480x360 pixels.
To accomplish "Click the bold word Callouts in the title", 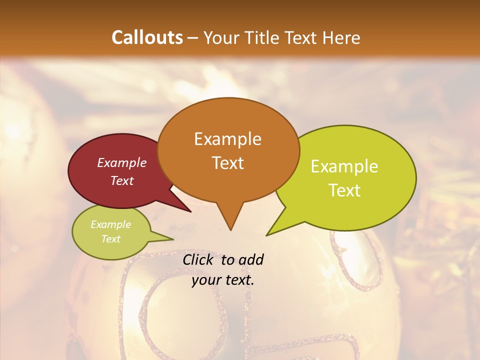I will click(147, 37).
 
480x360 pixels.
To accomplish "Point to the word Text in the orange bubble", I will click(227, 162).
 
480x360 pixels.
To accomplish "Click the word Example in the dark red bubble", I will click(121, 162).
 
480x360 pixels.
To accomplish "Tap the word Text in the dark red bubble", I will click(121, 180).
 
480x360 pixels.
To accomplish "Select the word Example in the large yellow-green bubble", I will click(344, 166).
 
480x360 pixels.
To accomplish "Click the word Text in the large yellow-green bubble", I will click(344, 190).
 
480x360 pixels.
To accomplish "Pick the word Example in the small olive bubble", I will click(110, 224).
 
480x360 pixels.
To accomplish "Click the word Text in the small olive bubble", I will click(110, 239).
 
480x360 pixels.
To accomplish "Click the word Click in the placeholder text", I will click(198, 260).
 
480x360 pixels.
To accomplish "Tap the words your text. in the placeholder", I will click(222, 280).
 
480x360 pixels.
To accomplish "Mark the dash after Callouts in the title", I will click(193, 38).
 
